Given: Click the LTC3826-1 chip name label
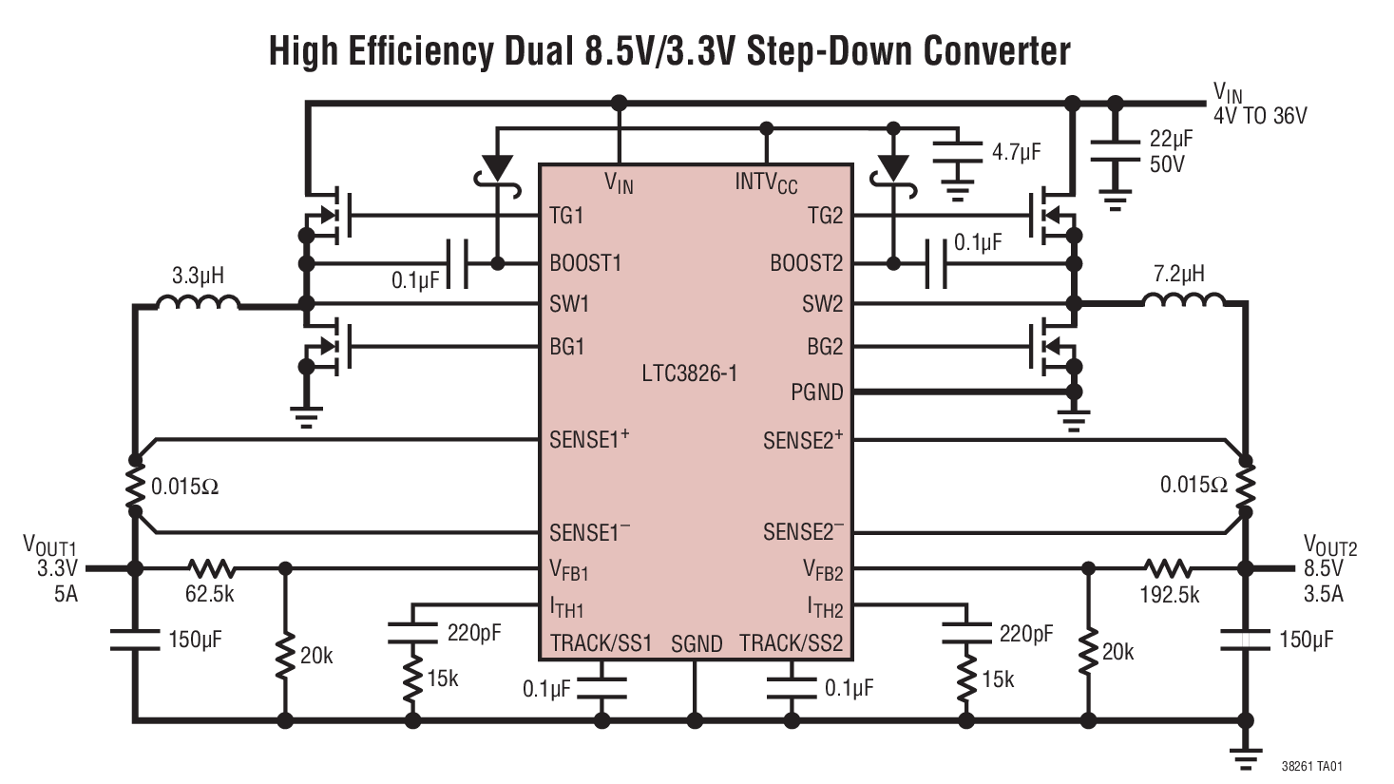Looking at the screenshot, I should point(689,373).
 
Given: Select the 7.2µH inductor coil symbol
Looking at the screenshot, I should point(1183,301).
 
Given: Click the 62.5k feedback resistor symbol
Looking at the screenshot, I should point(211,568).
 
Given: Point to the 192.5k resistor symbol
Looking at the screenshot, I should point(1168,568).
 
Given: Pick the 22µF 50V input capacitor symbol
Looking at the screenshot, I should point(1115,152).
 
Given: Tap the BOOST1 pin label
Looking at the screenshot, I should point(585,263).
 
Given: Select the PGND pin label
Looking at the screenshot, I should point(816,392).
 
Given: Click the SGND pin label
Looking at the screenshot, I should point(697,644).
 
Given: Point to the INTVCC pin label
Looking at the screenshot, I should point(766,182).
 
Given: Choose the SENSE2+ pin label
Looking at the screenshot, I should point(803,441).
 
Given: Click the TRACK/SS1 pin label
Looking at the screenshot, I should point(601,643).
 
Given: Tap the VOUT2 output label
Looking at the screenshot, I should point(1329,546).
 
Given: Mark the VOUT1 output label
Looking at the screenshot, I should point(49,545).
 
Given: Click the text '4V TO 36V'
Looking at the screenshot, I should point(1259,116).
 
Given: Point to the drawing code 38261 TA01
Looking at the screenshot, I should point(1311,766).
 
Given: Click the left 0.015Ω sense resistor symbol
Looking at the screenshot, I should point(135,487).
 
